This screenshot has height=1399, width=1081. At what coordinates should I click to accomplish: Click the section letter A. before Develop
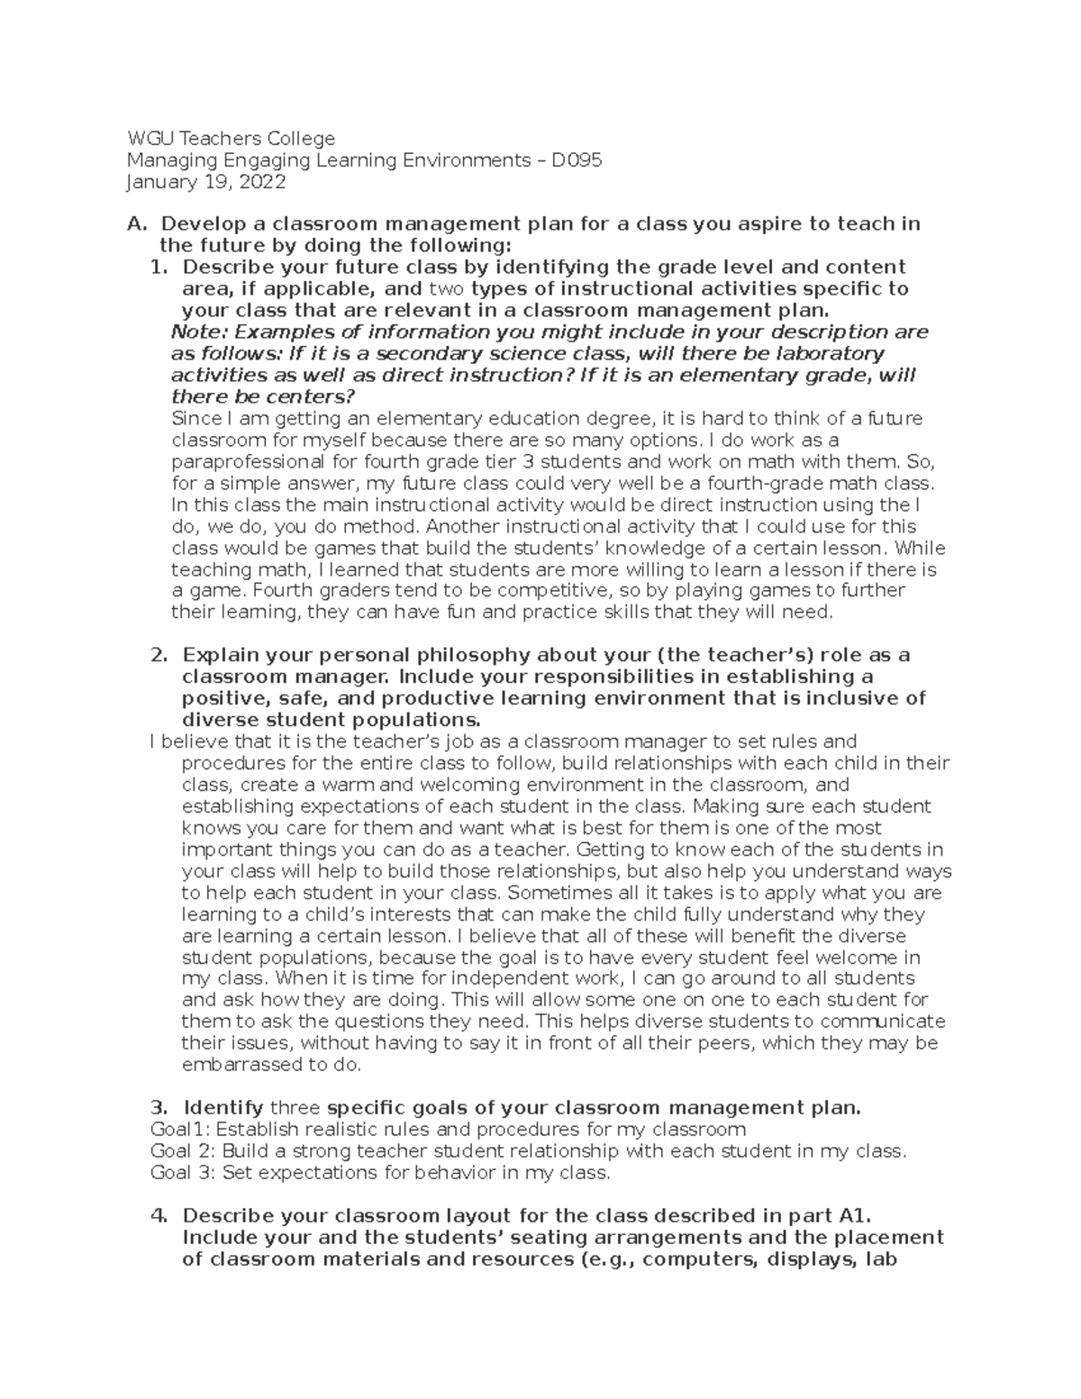[136, 224]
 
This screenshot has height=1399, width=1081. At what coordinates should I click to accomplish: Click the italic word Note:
[195, 332]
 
